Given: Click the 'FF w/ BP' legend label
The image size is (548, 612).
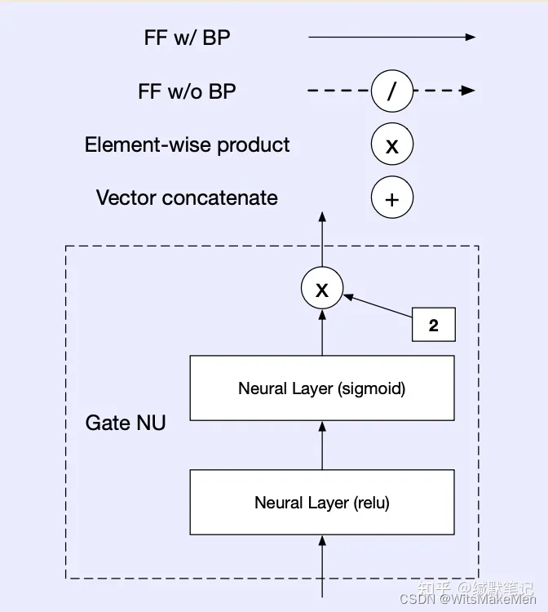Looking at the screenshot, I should pos(187,38).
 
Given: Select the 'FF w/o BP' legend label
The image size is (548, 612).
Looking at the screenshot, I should pos(187,91).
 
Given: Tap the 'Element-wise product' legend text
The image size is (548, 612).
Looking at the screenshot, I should pos(187,145).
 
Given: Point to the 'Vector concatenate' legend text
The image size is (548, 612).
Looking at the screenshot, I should pos(187,197).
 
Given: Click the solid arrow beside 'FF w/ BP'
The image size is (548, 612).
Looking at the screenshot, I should pos(391,38).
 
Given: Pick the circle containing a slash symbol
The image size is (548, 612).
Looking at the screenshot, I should pos(391,91).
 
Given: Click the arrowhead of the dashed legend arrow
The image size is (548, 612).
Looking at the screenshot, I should pos(468,91).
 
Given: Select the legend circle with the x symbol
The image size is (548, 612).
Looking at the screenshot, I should pos(391,145).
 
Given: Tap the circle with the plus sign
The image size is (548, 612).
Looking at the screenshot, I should pos(391,198).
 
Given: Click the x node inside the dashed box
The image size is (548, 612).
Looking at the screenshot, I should pos(322,289).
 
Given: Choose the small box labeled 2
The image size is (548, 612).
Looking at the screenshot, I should pos(433,325).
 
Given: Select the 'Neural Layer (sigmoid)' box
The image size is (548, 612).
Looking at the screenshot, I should pos(322,388).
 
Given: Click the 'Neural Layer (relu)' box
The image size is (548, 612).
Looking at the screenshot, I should pos(322,502).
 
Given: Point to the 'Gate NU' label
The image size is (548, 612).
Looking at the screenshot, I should pos(126,423).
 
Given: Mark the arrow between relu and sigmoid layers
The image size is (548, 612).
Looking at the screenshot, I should pos(322,446).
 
